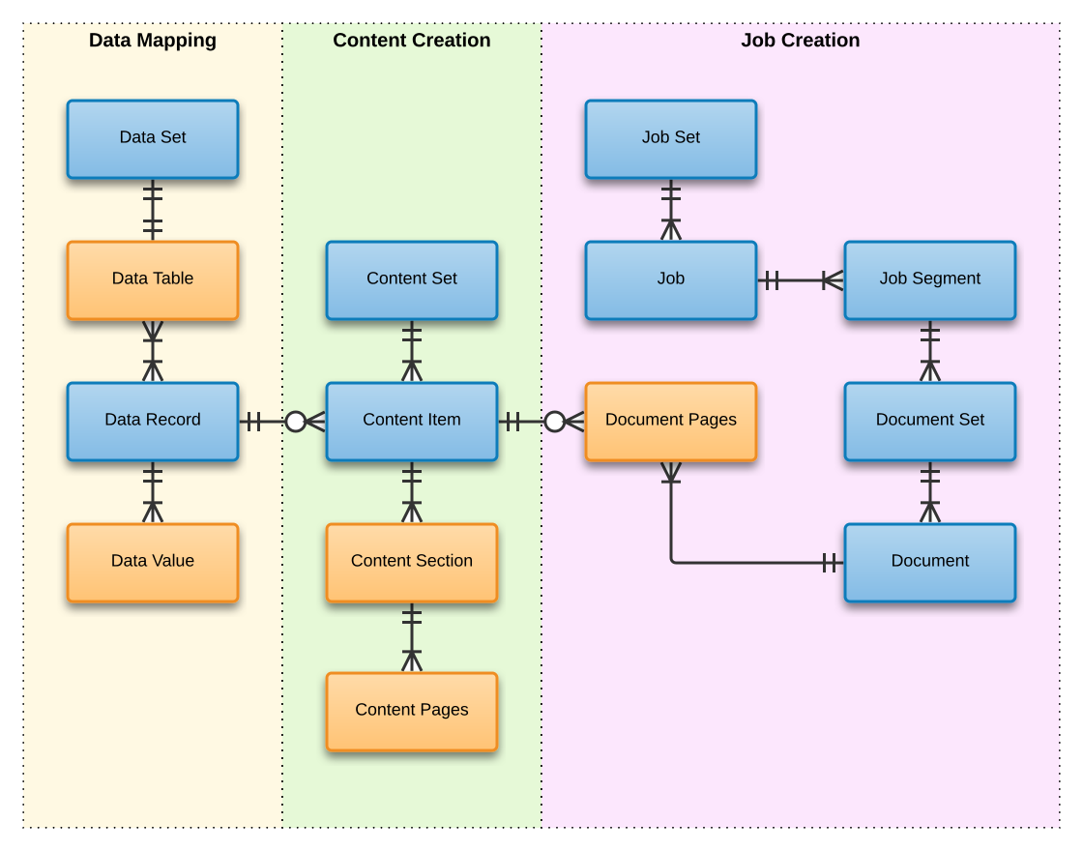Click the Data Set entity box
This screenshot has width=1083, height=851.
[153, 138]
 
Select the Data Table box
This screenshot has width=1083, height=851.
[153, 279]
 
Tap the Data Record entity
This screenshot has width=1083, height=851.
[153, 421]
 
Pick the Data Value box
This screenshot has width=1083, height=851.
[153, 562]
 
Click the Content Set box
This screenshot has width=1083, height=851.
[412, 279]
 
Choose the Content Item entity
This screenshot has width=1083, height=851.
[412, 421]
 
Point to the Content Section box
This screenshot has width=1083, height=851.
[412, 562]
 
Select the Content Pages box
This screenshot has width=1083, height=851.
[412, 711]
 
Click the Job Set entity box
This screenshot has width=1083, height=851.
[671, 138]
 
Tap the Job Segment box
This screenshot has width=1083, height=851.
[930, 279]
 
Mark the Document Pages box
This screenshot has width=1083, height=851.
[671, 421]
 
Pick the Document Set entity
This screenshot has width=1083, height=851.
[930, 421]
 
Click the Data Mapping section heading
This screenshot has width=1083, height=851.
[153, 41]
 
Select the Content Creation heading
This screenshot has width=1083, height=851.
[412, 41]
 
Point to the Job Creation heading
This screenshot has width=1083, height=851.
[801, 41]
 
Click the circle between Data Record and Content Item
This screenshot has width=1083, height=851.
[296, 422]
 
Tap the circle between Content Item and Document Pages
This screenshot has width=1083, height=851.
[555, 422]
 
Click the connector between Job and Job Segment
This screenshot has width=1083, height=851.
[801, 280]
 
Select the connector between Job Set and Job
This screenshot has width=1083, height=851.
[671, 210]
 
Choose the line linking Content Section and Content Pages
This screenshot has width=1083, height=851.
[412, 637]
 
